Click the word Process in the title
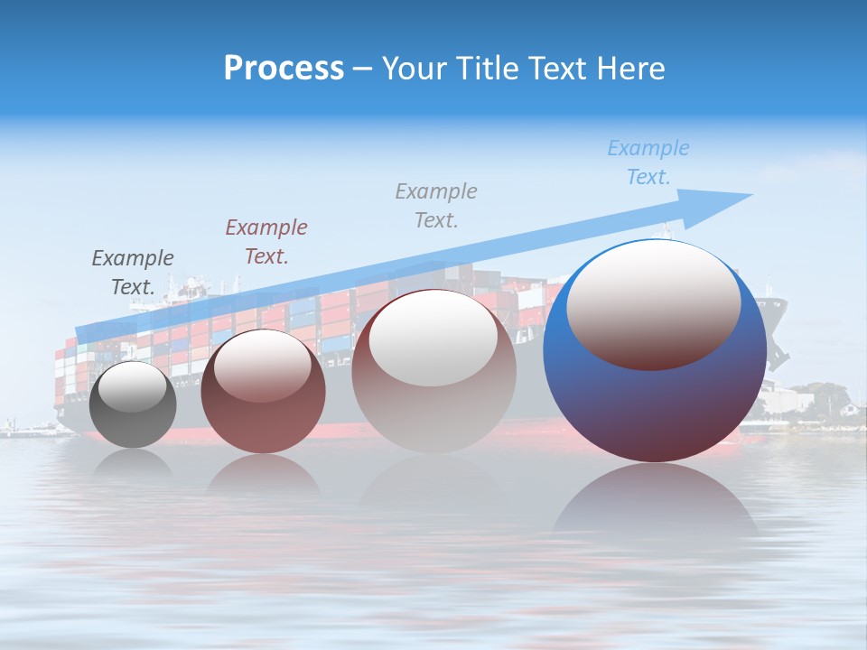click(x=284, y=69)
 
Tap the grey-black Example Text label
click(x=133, y=273)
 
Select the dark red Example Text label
click(x=266, y=241)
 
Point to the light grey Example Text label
click(x=436, y=205)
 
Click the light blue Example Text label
click(x=648, y=162)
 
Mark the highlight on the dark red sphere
click(x=263, y=366)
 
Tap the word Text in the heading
click(x=555, y=69)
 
